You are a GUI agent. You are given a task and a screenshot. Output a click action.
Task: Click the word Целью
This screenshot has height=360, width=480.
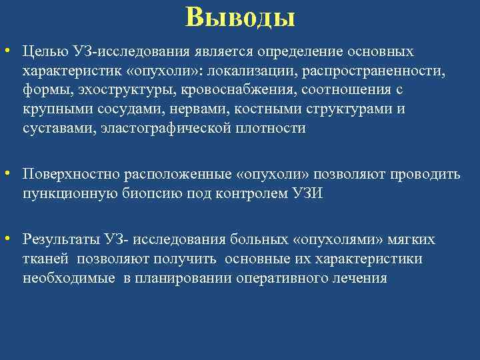[x=42, y=51]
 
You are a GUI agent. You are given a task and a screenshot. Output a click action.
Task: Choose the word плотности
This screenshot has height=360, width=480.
[x=273, y=129]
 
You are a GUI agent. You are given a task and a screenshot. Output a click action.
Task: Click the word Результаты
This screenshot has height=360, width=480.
[x=61, y=239]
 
